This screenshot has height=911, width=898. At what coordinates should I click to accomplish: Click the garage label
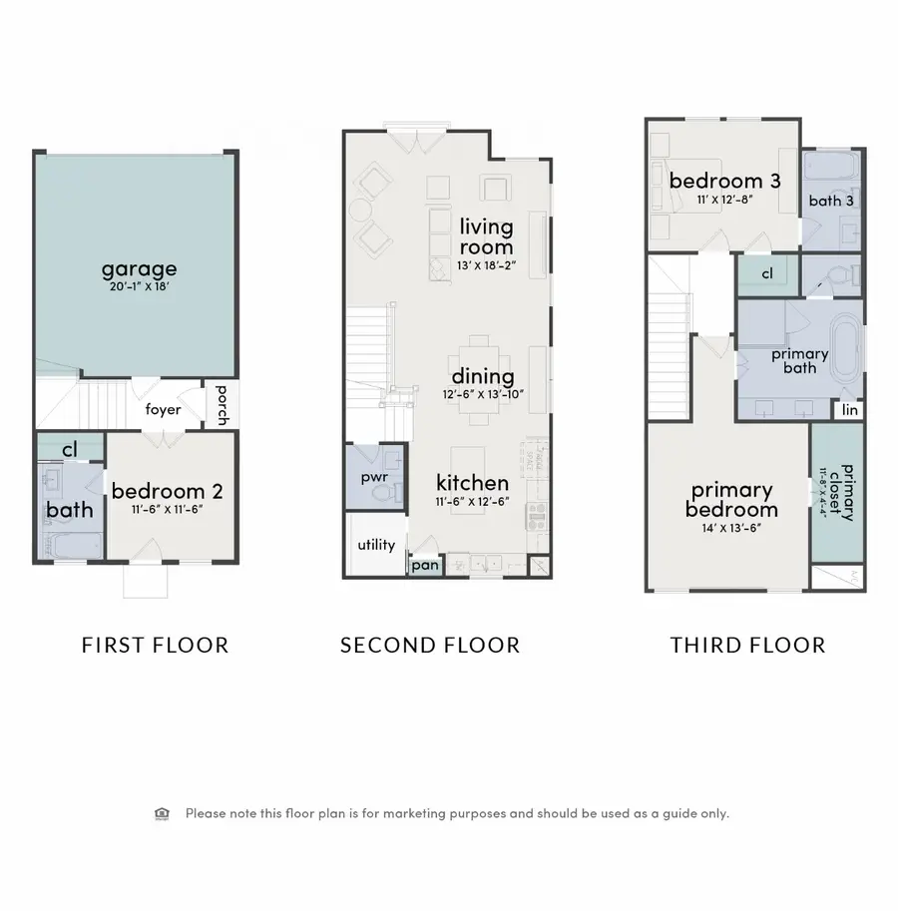click(x=139, y=268)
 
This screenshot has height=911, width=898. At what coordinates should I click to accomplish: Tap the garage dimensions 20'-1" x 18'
click(x=139, y=287)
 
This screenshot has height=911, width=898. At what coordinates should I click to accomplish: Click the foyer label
click(x=163, y=409)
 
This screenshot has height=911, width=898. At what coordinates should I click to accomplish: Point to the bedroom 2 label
click(x=167, y=491)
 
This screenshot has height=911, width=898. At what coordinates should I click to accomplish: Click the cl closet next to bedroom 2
click(x=70, y=450)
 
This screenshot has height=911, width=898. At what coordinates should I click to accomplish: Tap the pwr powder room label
click(x=373, y=478)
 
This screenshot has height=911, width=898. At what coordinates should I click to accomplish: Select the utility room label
click(x=376, y=545)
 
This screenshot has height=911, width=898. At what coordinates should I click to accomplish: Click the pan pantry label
click(x=423, y=566)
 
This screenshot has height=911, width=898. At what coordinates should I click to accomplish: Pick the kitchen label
click(x=473, y=483)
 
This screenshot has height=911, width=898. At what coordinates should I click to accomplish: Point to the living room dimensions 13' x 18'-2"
click(x=486, y=264)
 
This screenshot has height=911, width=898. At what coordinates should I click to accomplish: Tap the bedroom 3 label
click(x=724, y=181)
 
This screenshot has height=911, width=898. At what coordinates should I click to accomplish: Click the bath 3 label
click(x=831, y=200)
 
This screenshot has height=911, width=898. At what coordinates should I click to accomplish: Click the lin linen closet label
click(x=850, y=410)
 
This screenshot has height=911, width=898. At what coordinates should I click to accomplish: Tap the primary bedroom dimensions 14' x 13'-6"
click(x=733, y=529)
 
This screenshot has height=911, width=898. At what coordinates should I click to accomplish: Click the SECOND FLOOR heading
click(x=430, y=646)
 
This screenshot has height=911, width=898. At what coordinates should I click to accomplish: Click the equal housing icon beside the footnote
click(x=163, y=813)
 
